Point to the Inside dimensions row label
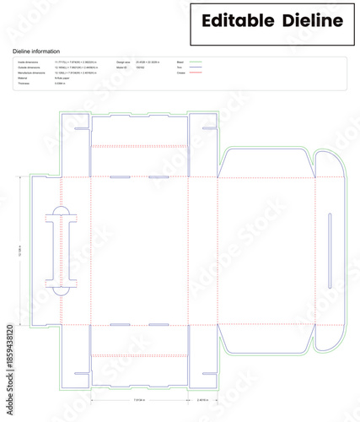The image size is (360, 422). [28, 62]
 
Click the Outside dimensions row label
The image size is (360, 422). [29, 68]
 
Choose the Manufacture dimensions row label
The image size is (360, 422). [30, 73]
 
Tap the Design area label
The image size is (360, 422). [123, 62]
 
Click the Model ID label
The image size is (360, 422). [121, 68]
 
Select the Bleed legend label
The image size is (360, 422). [180, 62]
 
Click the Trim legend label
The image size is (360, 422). [179, 68]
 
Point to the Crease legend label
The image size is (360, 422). [180, 73]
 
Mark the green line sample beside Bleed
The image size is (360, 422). [196, 62]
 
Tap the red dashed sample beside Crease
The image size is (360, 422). [196, 73]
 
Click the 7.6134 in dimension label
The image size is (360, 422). [139, 398]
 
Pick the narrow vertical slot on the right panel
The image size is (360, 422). [330, 239]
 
